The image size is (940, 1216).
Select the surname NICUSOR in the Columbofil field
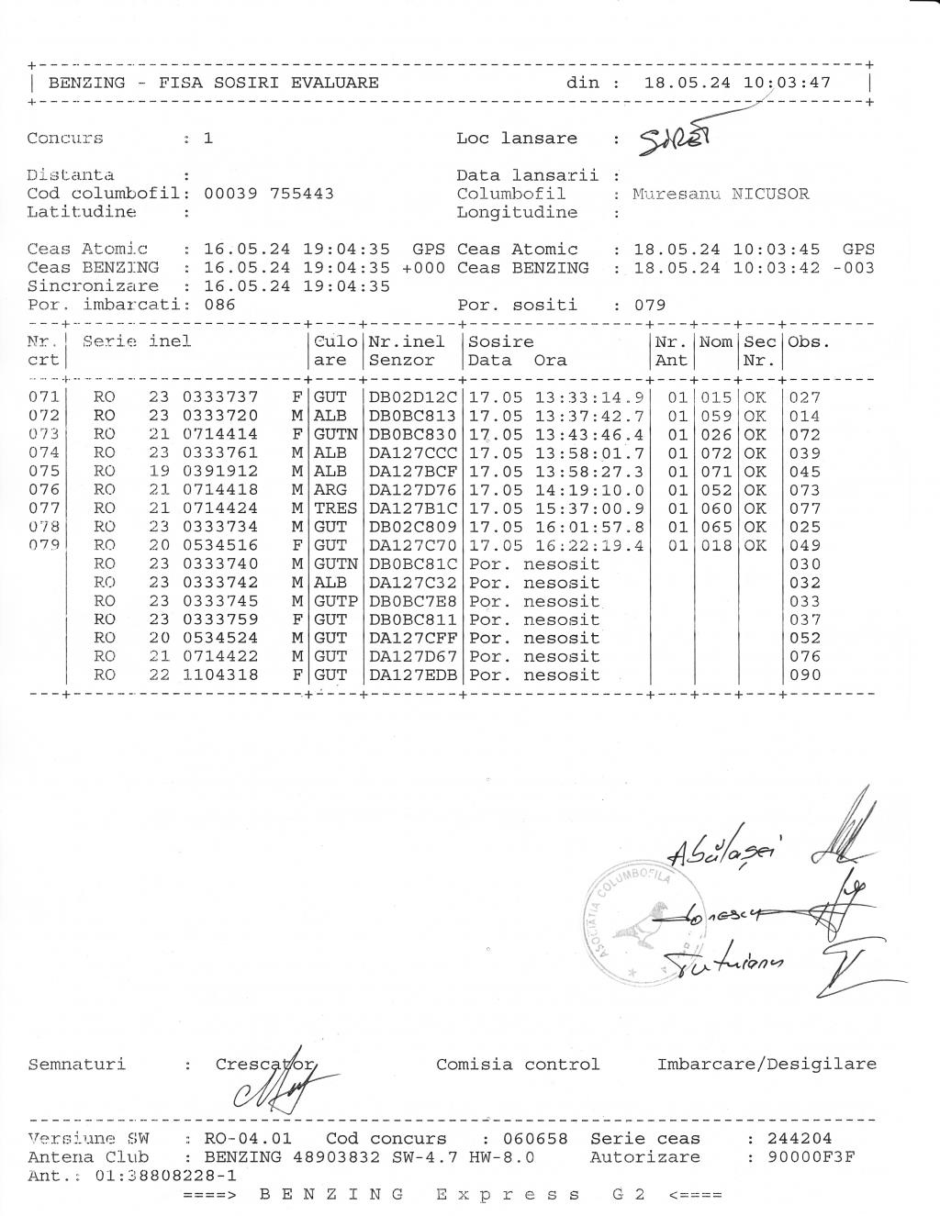click(770, 195)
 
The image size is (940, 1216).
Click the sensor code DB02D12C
click(412, 397)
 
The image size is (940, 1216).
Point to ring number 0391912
click(220, 472)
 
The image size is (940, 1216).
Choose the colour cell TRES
click(335, 508)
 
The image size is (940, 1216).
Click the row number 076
click(44, 490)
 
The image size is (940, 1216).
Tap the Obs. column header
click(808, 342)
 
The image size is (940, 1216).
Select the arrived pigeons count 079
click(650, 305)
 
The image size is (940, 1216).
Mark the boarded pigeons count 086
click(219, 305)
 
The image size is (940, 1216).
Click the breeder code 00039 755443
click(268, 194)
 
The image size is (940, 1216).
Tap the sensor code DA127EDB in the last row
click(412, 675)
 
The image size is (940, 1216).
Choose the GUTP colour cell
click(335, 601)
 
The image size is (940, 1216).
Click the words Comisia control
click(518, 1065)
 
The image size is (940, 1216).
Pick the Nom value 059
click(716, 416)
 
